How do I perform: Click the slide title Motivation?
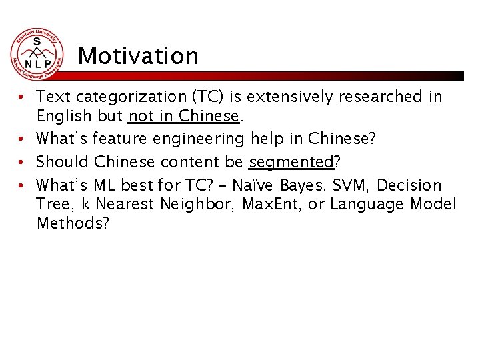click(138, 56)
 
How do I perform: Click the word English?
click(63, 116)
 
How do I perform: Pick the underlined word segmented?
click(291, 162)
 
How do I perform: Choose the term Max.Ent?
click(267, 204)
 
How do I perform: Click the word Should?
click(63, 162)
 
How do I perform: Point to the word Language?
click(364, 204)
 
